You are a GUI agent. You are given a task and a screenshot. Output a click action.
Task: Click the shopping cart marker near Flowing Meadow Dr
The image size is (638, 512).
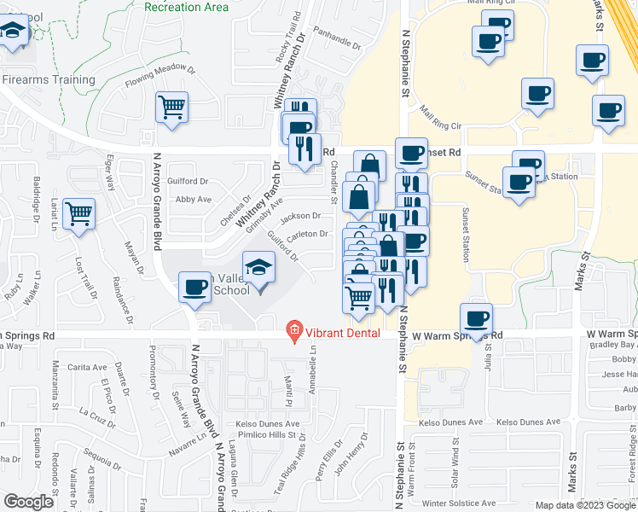coord(171,108)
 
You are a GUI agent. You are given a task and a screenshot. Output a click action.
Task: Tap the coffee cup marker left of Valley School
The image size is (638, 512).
coord(194,287)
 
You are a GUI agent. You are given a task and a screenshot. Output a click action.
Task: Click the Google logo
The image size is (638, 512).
coord(29,502)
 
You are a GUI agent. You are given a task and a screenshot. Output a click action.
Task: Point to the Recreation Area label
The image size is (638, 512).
coord(187,7)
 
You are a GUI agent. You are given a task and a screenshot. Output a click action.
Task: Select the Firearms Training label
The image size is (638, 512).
coord(49,80)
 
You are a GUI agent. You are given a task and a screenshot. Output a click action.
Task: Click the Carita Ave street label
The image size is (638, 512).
coord(88,366)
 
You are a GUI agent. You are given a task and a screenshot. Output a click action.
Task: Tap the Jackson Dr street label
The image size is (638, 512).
coord(304,216)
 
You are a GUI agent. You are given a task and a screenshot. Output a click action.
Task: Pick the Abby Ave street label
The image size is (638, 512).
coord(193,200)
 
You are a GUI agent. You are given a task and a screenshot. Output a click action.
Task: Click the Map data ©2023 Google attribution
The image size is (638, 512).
coord(585,505)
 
